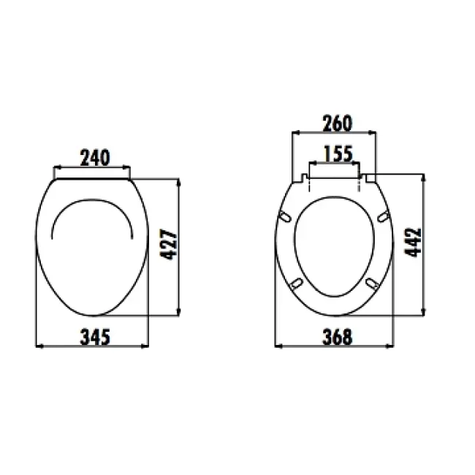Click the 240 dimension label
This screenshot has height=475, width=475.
point(95,158)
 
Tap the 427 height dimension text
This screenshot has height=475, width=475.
point(168,245)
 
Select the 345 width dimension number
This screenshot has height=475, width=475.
point(95,337)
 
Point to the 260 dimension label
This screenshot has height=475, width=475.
point(337,123)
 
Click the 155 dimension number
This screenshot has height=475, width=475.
point(338,153)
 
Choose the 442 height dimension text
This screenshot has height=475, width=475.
point(413,243)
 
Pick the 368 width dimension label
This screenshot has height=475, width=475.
point(337,337)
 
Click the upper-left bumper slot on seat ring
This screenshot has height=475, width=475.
point(285,216)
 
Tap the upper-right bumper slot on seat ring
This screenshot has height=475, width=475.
point(383,216)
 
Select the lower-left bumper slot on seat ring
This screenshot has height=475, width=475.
point(297,284)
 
